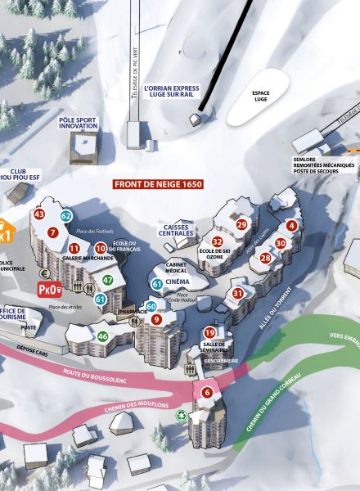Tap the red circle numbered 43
39,214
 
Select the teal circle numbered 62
66,215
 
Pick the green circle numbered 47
107,280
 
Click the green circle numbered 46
103,336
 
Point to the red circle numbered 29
241,224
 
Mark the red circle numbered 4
292,226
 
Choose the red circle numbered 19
209,332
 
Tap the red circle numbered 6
207,393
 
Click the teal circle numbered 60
151,306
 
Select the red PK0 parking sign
50,289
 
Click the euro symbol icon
45,273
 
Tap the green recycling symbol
181,415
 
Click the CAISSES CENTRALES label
177,230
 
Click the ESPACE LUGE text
261,96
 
